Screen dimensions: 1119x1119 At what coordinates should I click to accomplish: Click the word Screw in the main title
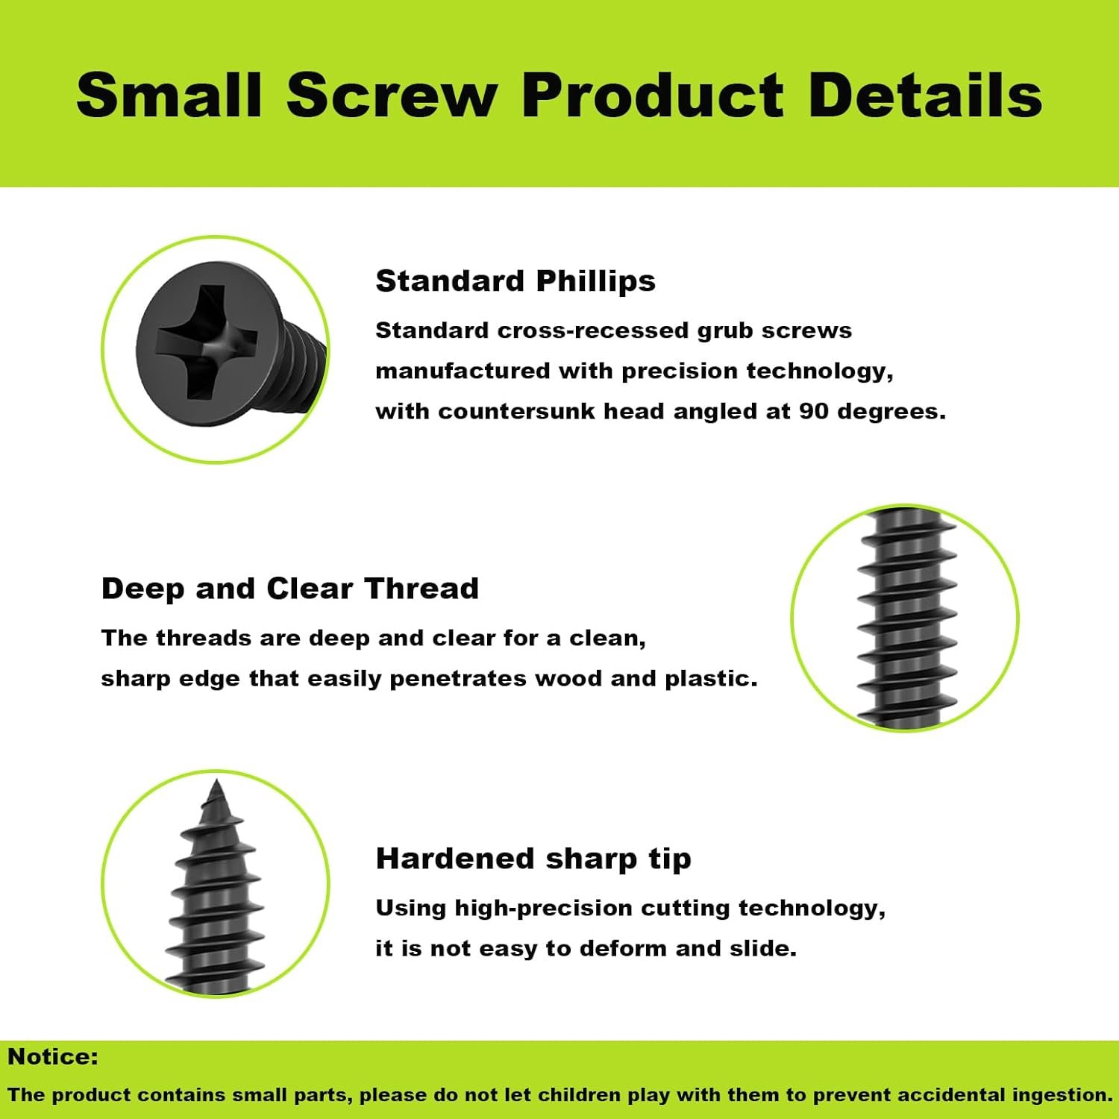[392, 95]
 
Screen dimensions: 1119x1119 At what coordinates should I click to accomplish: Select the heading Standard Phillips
[515, 281]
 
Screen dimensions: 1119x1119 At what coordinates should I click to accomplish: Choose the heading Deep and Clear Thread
[289, 589]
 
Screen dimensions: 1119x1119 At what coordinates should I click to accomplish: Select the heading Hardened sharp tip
[533, 859]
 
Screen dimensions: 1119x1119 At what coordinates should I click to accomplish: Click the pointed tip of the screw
[216, 787]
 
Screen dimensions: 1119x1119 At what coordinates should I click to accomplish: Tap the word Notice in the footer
[52, 1057]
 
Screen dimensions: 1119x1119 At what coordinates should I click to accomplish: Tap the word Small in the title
[169, 95]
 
